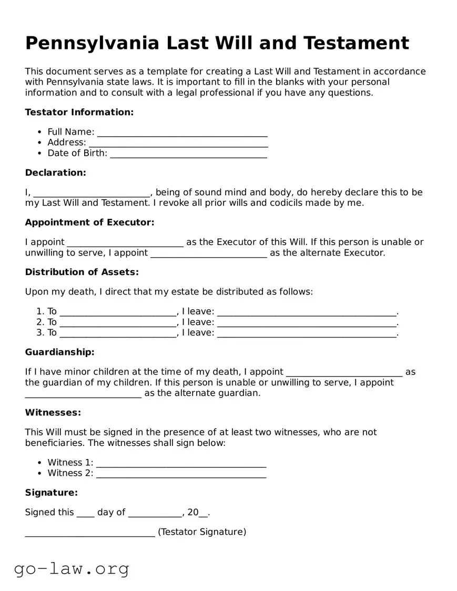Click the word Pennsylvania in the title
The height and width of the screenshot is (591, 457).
pyautogui.click(x=92, y=43)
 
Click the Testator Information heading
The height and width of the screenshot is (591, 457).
pyautogui.click(x=79, y=112)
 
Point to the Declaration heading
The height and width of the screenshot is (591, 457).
pyautogui.click(x=55, y=172)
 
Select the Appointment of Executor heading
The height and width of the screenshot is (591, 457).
pyautogui.click(x=89, y=222)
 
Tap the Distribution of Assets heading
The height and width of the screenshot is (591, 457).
pyautogui.click(x=82, y=272)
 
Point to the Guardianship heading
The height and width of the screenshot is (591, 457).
pyautogui.click(x=59, y=352)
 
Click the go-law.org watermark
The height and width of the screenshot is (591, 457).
pyautogui.click(x=72, y=568)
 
